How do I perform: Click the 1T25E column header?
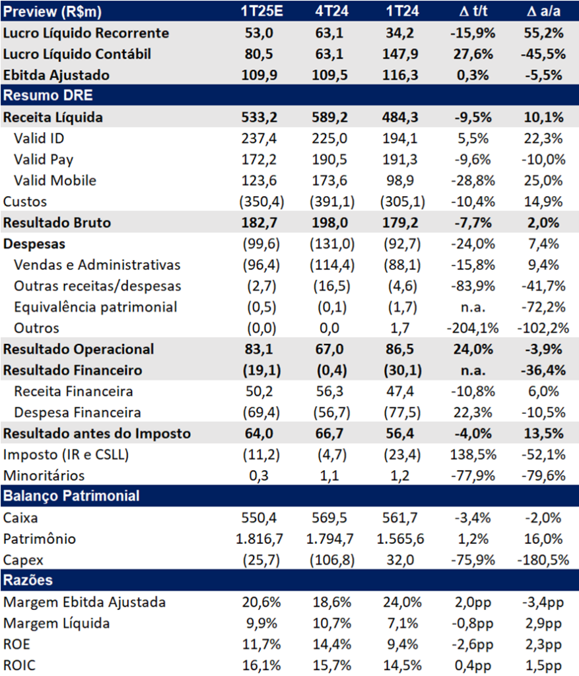pyautogui.click(x=261, y=11)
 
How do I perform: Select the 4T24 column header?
pyautogui.click(x=331, y=11)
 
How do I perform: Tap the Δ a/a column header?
pyautogui.click(x=543, y=11)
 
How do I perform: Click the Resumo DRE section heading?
pyautogui.click(x=48, y=95)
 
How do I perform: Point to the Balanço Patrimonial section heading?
pyautogui.click(x=71, y=496)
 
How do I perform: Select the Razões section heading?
pyautogui.click(x=28, y=580)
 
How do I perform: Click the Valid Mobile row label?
pyautogui.click(x=55, y=181)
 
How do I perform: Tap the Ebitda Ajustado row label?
pyautogui.click(x=56, y=75)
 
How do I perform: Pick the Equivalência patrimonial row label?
pyautogui.click(x=96, y=307)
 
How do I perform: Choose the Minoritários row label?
pyautogui.click(x=44, y=475)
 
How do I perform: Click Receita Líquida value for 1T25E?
pyautogui.click(x=259, y=118)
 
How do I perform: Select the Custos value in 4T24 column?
pyautogui.click(x=332, y=202)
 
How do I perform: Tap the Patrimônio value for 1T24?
pyautogui.click(x=400, y=539)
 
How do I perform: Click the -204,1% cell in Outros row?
pyautogui.click(x=473, y=328)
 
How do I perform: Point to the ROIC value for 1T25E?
pyautogui.click(x=261, y=665)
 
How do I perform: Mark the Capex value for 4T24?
pyautogui.click(x=332, y=560)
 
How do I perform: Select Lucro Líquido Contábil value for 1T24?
pyautogui.click(x=400, y=54)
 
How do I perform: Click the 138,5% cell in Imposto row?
pyautogui.click(x=473, y=454)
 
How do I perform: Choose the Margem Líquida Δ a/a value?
pyautogui.click(x=543, y=623)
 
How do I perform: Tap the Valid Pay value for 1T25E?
pyautogui.click(x=259, y=160)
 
